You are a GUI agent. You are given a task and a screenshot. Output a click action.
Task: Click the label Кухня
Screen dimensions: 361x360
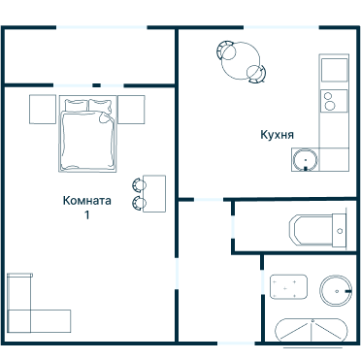pyautogui.click(x=278, y=135)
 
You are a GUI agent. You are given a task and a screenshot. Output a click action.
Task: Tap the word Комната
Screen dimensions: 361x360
pyautogui.click(x=87, y=201)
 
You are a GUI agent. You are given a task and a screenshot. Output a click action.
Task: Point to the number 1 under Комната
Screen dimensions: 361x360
pyautogui.click(x=87, y=215)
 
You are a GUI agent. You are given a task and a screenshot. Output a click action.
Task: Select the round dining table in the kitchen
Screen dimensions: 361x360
pyautogui.click(x=241, y=61)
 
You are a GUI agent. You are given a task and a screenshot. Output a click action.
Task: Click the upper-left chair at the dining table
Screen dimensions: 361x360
pyautogui.click(x=226, y=50)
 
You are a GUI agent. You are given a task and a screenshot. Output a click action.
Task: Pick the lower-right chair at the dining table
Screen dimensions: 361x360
pyautogui.click(x=256, y=74)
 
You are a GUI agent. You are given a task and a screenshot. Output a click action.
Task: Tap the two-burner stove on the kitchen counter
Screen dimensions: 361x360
pyautogui.click(x=334, y=101)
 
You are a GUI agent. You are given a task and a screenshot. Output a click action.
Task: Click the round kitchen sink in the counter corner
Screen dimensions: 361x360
pyautogui.click(x=305, y=159)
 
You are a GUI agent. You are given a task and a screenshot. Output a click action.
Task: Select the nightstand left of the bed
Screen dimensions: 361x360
pyautogui.click(x=43, y=110)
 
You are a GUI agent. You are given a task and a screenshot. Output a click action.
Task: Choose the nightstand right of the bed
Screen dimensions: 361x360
pyautogui.click(x=131, y=110)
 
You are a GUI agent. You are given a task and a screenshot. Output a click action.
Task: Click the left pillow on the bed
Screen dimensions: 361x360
pyautogui.click(x=77, y=106)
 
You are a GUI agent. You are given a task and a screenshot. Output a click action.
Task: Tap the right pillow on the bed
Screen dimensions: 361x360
pyautogui.click(x=100, y=106)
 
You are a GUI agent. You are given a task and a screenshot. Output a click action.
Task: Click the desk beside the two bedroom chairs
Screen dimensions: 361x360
pyautogui.click(x=154, y=194)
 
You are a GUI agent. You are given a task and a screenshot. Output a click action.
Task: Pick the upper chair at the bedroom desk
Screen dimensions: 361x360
pyautogui.click(x=139, y=184)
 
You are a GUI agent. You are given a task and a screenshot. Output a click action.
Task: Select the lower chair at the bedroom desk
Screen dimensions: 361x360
pyautogui.click(x=139, y=203)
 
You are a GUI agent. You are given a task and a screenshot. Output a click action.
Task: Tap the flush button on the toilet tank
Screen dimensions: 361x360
pyautogui.click(x=340, y=231)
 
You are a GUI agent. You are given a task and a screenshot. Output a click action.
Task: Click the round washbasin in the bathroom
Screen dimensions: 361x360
pyautogui.click(x=336, y=291)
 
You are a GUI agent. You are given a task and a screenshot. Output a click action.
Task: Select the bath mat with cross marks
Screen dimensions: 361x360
pyautogui.click(x=288, y=287)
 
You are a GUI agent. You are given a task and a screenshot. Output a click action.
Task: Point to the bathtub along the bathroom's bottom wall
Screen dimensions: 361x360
pyautogui.click(x=312, y=330)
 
